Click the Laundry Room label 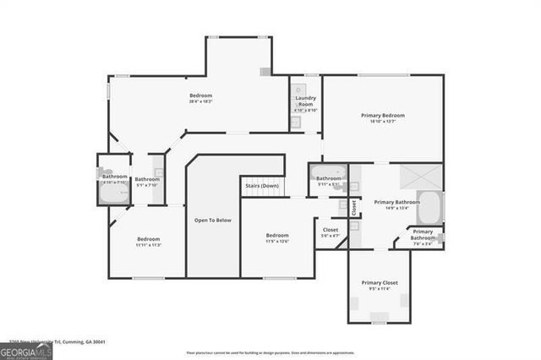click(305, 101)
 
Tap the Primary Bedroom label click(382, 115)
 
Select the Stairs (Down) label click(262, 185)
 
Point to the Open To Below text click(213, 221)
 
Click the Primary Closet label click(380, 282)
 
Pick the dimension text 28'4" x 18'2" click(200, 101)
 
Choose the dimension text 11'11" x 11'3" click(149, 246)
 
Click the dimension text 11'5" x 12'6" click(277, 242)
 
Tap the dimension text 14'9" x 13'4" click(396, 209)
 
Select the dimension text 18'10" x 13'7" click(382, 122)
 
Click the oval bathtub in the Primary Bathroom click(429, 206)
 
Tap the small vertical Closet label click(353, 206)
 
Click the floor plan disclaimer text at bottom click(270, 352)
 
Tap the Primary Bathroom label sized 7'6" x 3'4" click(423, 234)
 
